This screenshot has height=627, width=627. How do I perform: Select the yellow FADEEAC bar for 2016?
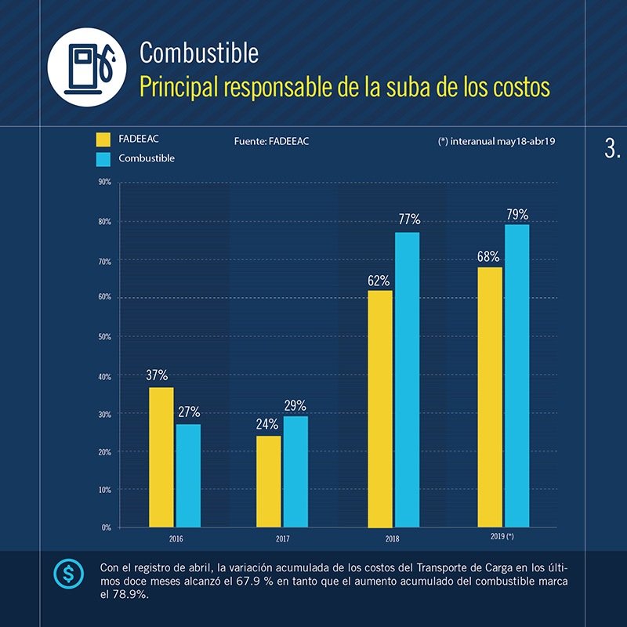pyautogui.click(x=161, y=457)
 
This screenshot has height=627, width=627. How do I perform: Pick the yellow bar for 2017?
pyautogui.click(x=268, y=481)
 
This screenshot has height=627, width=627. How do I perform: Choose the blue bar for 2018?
pyautogui.click(x=407, y=379)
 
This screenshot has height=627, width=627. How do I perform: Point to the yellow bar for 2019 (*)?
pyautogui.click(x=490, y=397)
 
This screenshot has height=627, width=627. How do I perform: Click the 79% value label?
pyautogui.click(x=516, y=214)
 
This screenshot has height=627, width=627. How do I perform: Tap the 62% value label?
pyautogui.click(x=379, y=280)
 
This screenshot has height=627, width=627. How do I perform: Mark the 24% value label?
pyautogui.click(x=267, y=425)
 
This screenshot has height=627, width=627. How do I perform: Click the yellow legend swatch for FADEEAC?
pyautogui.click(x=103, y=140)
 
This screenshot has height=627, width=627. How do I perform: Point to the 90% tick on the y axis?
pyautogui.click(x=103, y=182)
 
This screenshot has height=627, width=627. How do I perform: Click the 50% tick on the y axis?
pyautogui.click(x=103, y=336)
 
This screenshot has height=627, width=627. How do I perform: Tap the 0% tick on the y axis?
pyautogui.click(x=105, y=527)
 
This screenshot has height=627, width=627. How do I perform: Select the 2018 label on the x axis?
pyautogui.click(x=392, y=539)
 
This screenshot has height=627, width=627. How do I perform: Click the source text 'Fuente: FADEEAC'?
pyautogui.click(x=271, y=142)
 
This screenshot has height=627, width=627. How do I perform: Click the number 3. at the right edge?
pyautogui.click(x=612, y=150)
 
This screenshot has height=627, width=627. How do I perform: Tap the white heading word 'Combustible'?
pyautogui.click(x=198, y=53)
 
